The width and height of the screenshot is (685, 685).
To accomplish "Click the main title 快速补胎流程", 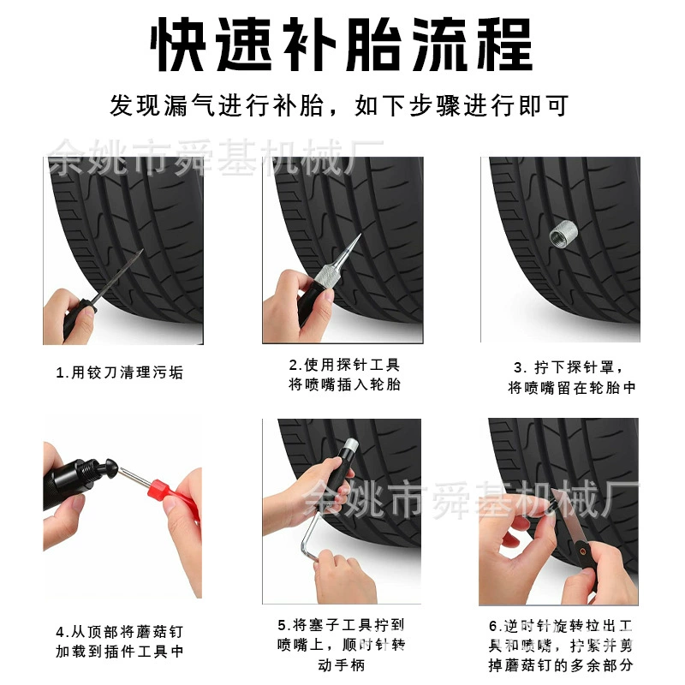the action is [x=341, y=45].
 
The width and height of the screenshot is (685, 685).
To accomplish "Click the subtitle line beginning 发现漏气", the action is [x=339, y=105].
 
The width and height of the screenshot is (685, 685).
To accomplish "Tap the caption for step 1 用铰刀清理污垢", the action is [x=120, y=372].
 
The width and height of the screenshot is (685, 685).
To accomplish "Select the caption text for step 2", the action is [x=344, y=374].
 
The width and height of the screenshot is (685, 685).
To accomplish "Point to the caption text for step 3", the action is [x=571, y=378].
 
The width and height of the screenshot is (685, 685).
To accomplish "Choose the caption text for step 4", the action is [x=120, y=641].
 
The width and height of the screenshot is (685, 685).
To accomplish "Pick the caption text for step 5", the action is [x=341, y=645].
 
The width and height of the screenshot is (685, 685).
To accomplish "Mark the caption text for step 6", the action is [x=561, y=646].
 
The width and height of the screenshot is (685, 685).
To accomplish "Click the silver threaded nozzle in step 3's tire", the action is [x=564, y=234].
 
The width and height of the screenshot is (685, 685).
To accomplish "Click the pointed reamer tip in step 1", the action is [x=131, y=265].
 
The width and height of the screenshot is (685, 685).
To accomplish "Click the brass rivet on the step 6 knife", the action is [x=582, y=551].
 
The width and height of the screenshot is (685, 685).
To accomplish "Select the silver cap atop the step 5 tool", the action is [x=350, y=445].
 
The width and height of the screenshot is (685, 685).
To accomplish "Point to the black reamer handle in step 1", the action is [x=80, y=317].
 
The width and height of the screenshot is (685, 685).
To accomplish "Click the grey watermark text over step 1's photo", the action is [x=216, y=157].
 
